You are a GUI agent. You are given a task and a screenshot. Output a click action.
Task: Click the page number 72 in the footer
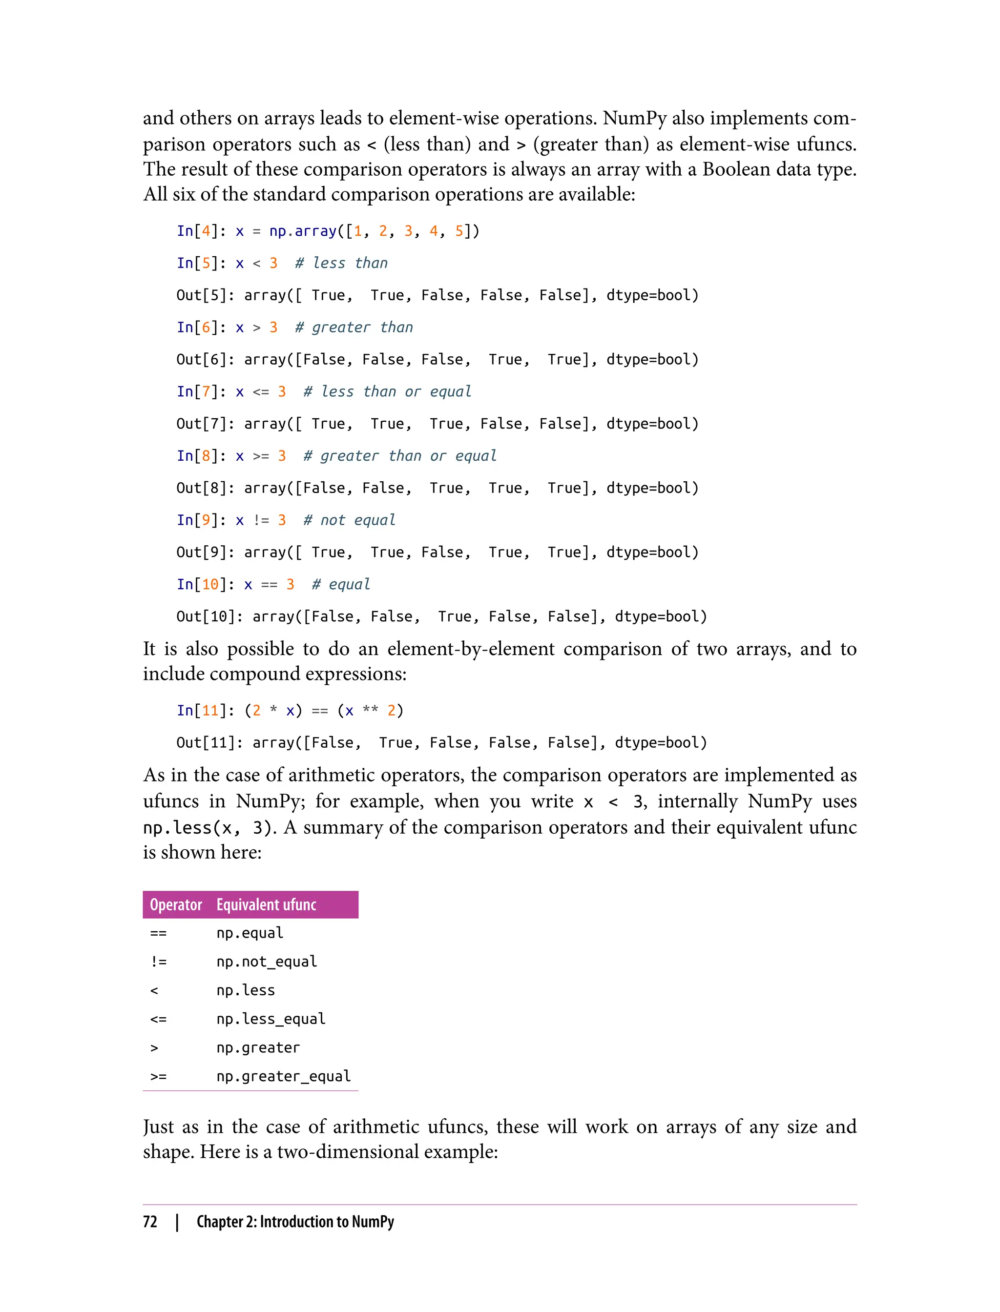click(x=150, y=1222)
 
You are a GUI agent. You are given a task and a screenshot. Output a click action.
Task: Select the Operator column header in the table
click(x=176, y=904)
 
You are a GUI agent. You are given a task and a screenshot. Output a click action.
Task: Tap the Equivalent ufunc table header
click(x=266, y=904)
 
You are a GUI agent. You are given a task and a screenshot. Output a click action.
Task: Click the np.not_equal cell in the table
click(x=266, y=962)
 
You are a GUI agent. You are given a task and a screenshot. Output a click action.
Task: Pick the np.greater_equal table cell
click(x=283, y=1076)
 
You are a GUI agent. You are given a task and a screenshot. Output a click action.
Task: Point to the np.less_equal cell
click(x=271, y=1019)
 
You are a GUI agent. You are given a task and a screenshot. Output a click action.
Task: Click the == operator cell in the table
click(x=158, y=933)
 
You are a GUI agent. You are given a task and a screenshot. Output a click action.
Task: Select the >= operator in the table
click(x=158, y=1076)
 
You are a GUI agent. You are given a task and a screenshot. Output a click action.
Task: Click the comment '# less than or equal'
click(x=387, y=391)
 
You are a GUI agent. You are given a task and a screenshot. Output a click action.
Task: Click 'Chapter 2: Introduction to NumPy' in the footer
click(x=295, y=1222)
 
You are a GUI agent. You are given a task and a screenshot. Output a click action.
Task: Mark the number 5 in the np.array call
click(x=459, y=231)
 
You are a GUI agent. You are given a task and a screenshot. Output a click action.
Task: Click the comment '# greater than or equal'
click(x=399, y=456)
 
